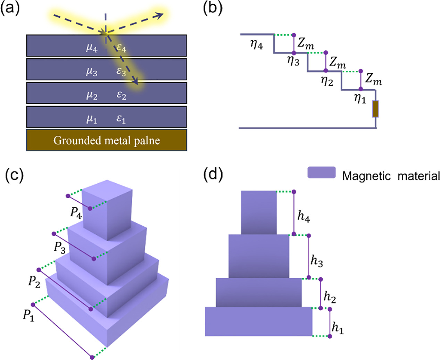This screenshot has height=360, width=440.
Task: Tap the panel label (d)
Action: tap(212, 175)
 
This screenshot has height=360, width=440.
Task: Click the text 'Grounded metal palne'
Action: tap(107, 140)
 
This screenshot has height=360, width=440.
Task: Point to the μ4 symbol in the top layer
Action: tap(92, 47)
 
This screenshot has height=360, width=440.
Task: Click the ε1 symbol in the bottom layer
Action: tap(121, 119)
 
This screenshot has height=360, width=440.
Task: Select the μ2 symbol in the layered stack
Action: tap(92, 95)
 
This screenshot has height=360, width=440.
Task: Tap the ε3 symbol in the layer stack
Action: tap(121, 71)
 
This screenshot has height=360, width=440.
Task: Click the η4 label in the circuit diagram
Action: tap(256, 44)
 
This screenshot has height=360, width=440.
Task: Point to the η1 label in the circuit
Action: tap(360, 99)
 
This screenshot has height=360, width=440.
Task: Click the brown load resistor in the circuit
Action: tap(375, 109)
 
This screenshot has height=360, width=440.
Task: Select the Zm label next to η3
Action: tap(306, 43)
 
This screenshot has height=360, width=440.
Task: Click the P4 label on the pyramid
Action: tap(76, 213)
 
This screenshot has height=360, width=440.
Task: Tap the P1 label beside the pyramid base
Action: tap(28, 315)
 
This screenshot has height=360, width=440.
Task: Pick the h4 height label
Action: tap(304, 216)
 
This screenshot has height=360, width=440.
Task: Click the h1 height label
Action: tap(337, 327)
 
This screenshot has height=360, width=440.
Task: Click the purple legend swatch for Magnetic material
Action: tap(321, 173)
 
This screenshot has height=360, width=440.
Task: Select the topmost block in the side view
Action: tap(259, 212)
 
